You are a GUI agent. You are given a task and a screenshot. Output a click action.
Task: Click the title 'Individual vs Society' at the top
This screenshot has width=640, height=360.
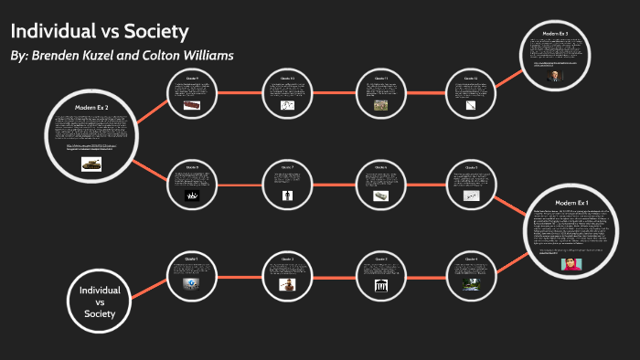[x=100, y=30]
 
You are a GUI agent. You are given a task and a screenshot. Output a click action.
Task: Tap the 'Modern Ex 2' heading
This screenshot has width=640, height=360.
[x=91, y=108]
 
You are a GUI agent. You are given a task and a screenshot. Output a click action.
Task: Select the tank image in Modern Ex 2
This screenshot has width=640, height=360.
[x=91, y=163]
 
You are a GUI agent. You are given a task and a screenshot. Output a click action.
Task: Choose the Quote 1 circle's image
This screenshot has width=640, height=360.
[x=192, y=284]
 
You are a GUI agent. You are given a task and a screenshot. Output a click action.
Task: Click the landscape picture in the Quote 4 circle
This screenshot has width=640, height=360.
[x=471, y=284]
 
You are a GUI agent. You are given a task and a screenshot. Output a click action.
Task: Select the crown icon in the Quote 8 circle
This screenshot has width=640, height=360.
[x=192, y=196]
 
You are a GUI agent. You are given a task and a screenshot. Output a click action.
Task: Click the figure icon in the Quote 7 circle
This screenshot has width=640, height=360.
[x=287, y=196]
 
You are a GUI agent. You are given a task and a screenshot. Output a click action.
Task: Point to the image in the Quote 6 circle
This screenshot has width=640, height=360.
[x=380, y=196]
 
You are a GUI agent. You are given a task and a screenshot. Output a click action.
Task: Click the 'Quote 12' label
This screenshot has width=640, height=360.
[x=471, y=79]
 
